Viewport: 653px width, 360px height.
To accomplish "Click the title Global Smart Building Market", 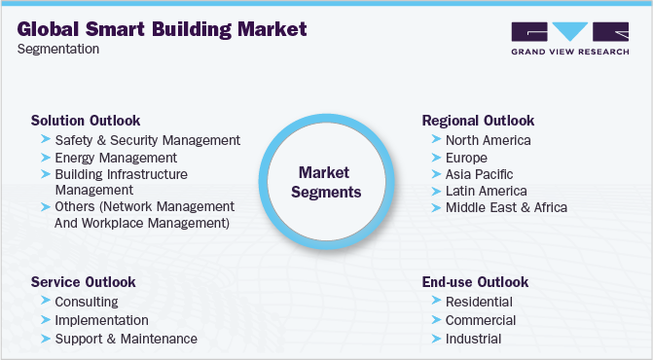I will (x=163, y=29).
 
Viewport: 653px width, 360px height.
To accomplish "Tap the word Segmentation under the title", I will (x=57, y=50).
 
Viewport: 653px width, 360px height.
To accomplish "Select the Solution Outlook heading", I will (x=86, y=121).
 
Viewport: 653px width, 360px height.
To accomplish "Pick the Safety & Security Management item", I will (x=147, y=140).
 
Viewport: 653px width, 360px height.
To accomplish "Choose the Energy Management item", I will (x=116, y=157).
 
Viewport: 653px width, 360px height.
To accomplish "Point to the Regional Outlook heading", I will (x=478, y=121).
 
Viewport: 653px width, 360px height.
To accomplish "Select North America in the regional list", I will (x=488, y=140).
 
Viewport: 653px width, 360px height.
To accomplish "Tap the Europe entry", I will (x=466, y=157).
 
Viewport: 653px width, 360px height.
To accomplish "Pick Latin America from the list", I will (x=486, y=191).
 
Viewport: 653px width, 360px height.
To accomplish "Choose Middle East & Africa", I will (x=506, y=207).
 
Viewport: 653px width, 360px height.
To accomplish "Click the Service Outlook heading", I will (x=83, y=282).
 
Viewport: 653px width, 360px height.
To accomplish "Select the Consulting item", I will (x=87, y=302).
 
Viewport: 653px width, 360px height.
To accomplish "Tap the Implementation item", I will (x=101, y=320).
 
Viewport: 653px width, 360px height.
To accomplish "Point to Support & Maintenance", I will (x=126, y=339).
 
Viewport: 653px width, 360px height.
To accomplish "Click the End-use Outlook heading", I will (x=475, y=282).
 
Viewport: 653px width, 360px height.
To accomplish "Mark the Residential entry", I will (x=480, y=302).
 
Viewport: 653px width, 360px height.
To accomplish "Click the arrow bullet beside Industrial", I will (x=434, y=339).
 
